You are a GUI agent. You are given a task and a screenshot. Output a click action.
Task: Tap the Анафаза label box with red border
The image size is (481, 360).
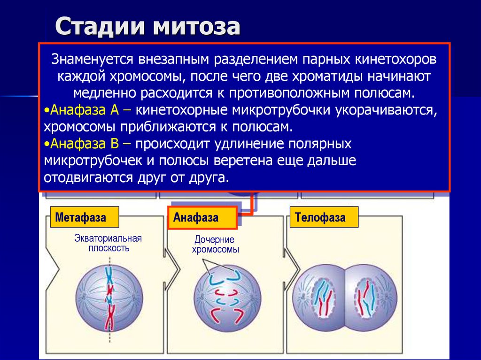click(x=202, y=218)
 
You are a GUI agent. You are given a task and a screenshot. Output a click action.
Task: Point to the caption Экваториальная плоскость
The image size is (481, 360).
click(x=108, y=243)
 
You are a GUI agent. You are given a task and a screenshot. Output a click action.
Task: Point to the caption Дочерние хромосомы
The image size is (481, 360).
click(x=215, y=245)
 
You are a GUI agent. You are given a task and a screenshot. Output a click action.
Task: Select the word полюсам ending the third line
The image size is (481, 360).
click(x=388, y=92)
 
